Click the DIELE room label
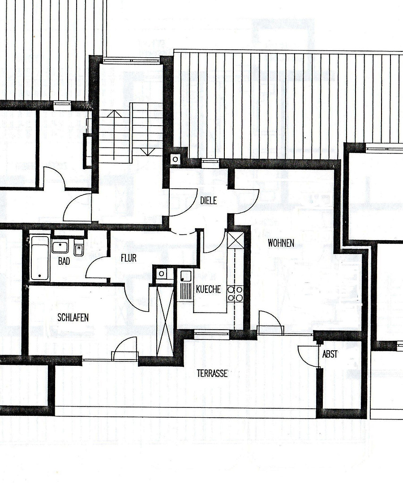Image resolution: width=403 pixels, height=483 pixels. [x=208, y=200]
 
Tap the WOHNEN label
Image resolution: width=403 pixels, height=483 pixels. [x=281, y=243]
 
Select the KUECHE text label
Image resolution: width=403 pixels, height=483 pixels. [x=208, y=289]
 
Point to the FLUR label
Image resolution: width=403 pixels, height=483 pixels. [x=129, y=258]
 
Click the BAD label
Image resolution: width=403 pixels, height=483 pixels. [x=64, y=261]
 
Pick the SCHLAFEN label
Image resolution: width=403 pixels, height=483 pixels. [x=73, y=318]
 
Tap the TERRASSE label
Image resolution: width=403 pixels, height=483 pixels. [x=212, y=373]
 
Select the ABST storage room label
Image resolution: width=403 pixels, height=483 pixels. [x=330, y=355]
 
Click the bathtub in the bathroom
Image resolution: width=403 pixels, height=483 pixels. [x=40, y=258]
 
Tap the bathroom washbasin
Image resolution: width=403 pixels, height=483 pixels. [x=60, y=247]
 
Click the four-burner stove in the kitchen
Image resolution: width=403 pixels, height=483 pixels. [x=235, y=293]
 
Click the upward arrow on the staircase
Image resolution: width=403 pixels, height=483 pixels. [x=114, y=135]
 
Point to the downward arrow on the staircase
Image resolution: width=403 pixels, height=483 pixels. [x=148, y=129]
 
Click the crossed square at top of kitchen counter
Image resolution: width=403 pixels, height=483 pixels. [x=236, y=240]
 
